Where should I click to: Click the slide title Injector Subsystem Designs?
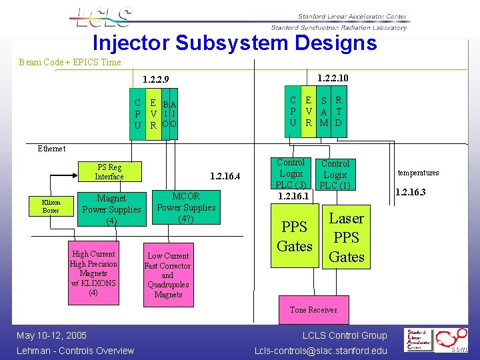pos(235,43)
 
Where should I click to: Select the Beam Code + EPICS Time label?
pos(70,63)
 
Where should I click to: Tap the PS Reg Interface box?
pos(109,172)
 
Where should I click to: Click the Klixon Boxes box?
pos(51,206)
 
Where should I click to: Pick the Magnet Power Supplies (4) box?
pos(111,209)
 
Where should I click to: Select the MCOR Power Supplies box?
pos(186,207)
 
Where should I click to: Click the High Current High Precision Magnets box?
pos(93,273)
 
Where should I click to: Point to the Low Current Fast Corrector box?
pos(168,275)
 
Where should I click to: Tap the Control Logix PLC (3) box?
pos(291,173)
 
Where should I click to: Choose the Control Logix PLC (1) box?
pos(335,175)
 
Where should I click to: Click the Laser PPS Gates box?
pos(347,237)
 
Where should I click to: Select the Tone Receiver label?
pos(313,310)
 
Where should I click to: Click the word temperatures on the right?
pos(418,173)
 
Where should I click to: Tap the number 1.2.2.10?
pos(333,78)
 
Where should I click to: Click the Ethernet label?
pos(51,149)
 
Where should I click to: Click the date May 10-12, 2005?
pos(52,335)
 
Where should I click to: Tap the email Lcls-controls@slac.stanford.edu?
pos(321,351)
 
